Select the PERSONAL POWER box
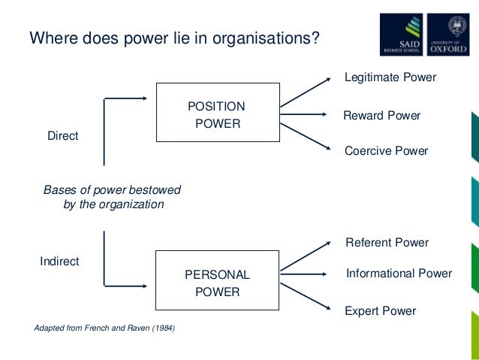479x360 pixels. coord(218,283)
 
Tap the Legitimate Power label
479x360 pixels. coord(390,77)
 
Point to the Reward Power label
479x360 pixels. coord(381,116)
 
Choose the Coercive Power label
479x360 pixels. coord(386,151)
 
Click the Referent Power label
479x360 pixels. coord(387,243)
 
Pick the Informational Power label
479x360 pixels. coord(399,274)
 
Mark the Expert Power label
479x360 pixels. coord(380,310)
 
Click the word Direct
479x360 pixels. coord(63,136)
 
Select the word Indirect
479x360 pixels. coord(59,262)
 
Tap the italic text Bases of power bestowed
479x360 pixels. coord(113,190)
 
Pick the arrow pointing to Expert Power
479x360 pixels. coord(306,298)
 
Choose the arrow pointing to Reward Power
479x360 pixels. coord(306,115)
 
